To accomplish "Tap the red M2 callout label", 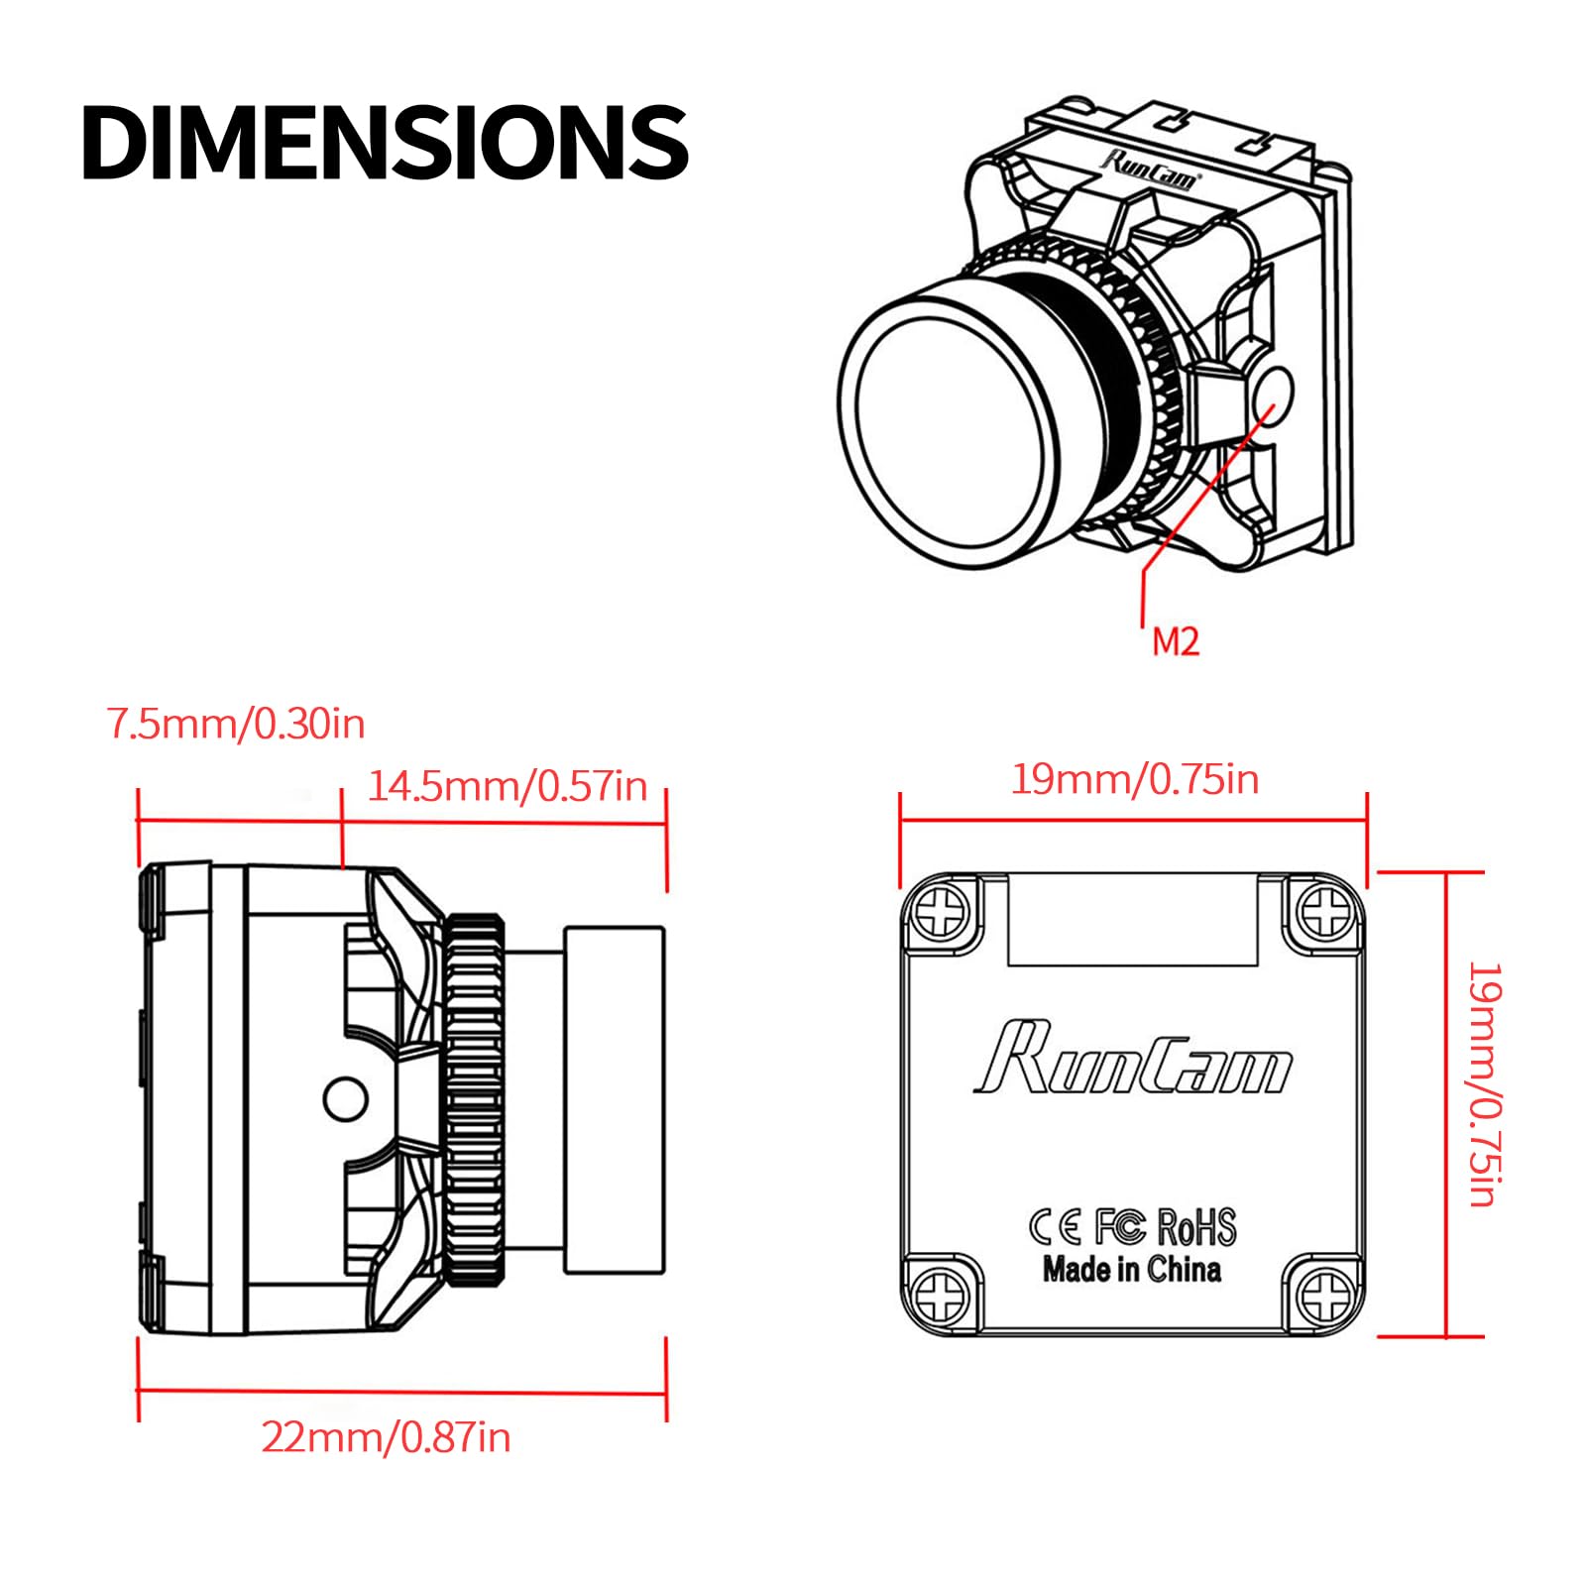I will point(1176,641).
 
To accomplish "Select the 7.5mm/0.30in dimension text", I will point(236,724).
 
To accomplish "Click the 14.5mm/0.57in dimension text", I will point(508,786).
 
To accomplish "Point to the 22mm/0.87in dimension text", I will point(386,1436).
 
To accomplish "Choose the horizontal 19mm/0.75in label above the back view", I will point(1135,779).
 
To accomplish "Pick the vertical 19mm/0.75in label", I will point(1485,1083).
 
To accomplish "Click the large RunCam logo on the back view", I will point(1133,1059).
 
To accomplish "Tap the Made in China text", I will point(1131,1269).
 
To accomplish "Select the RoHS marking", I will point(1196,1227).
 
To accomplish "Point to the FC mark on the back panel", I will point(1120,1227).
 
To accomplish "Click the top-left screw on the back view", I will point(941,912).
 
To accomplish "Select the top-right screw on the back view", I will point(1324,912).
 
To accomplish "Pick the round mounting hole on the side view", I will point(346,1098).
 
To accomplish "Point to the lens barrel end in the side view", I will point(615,1099).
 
